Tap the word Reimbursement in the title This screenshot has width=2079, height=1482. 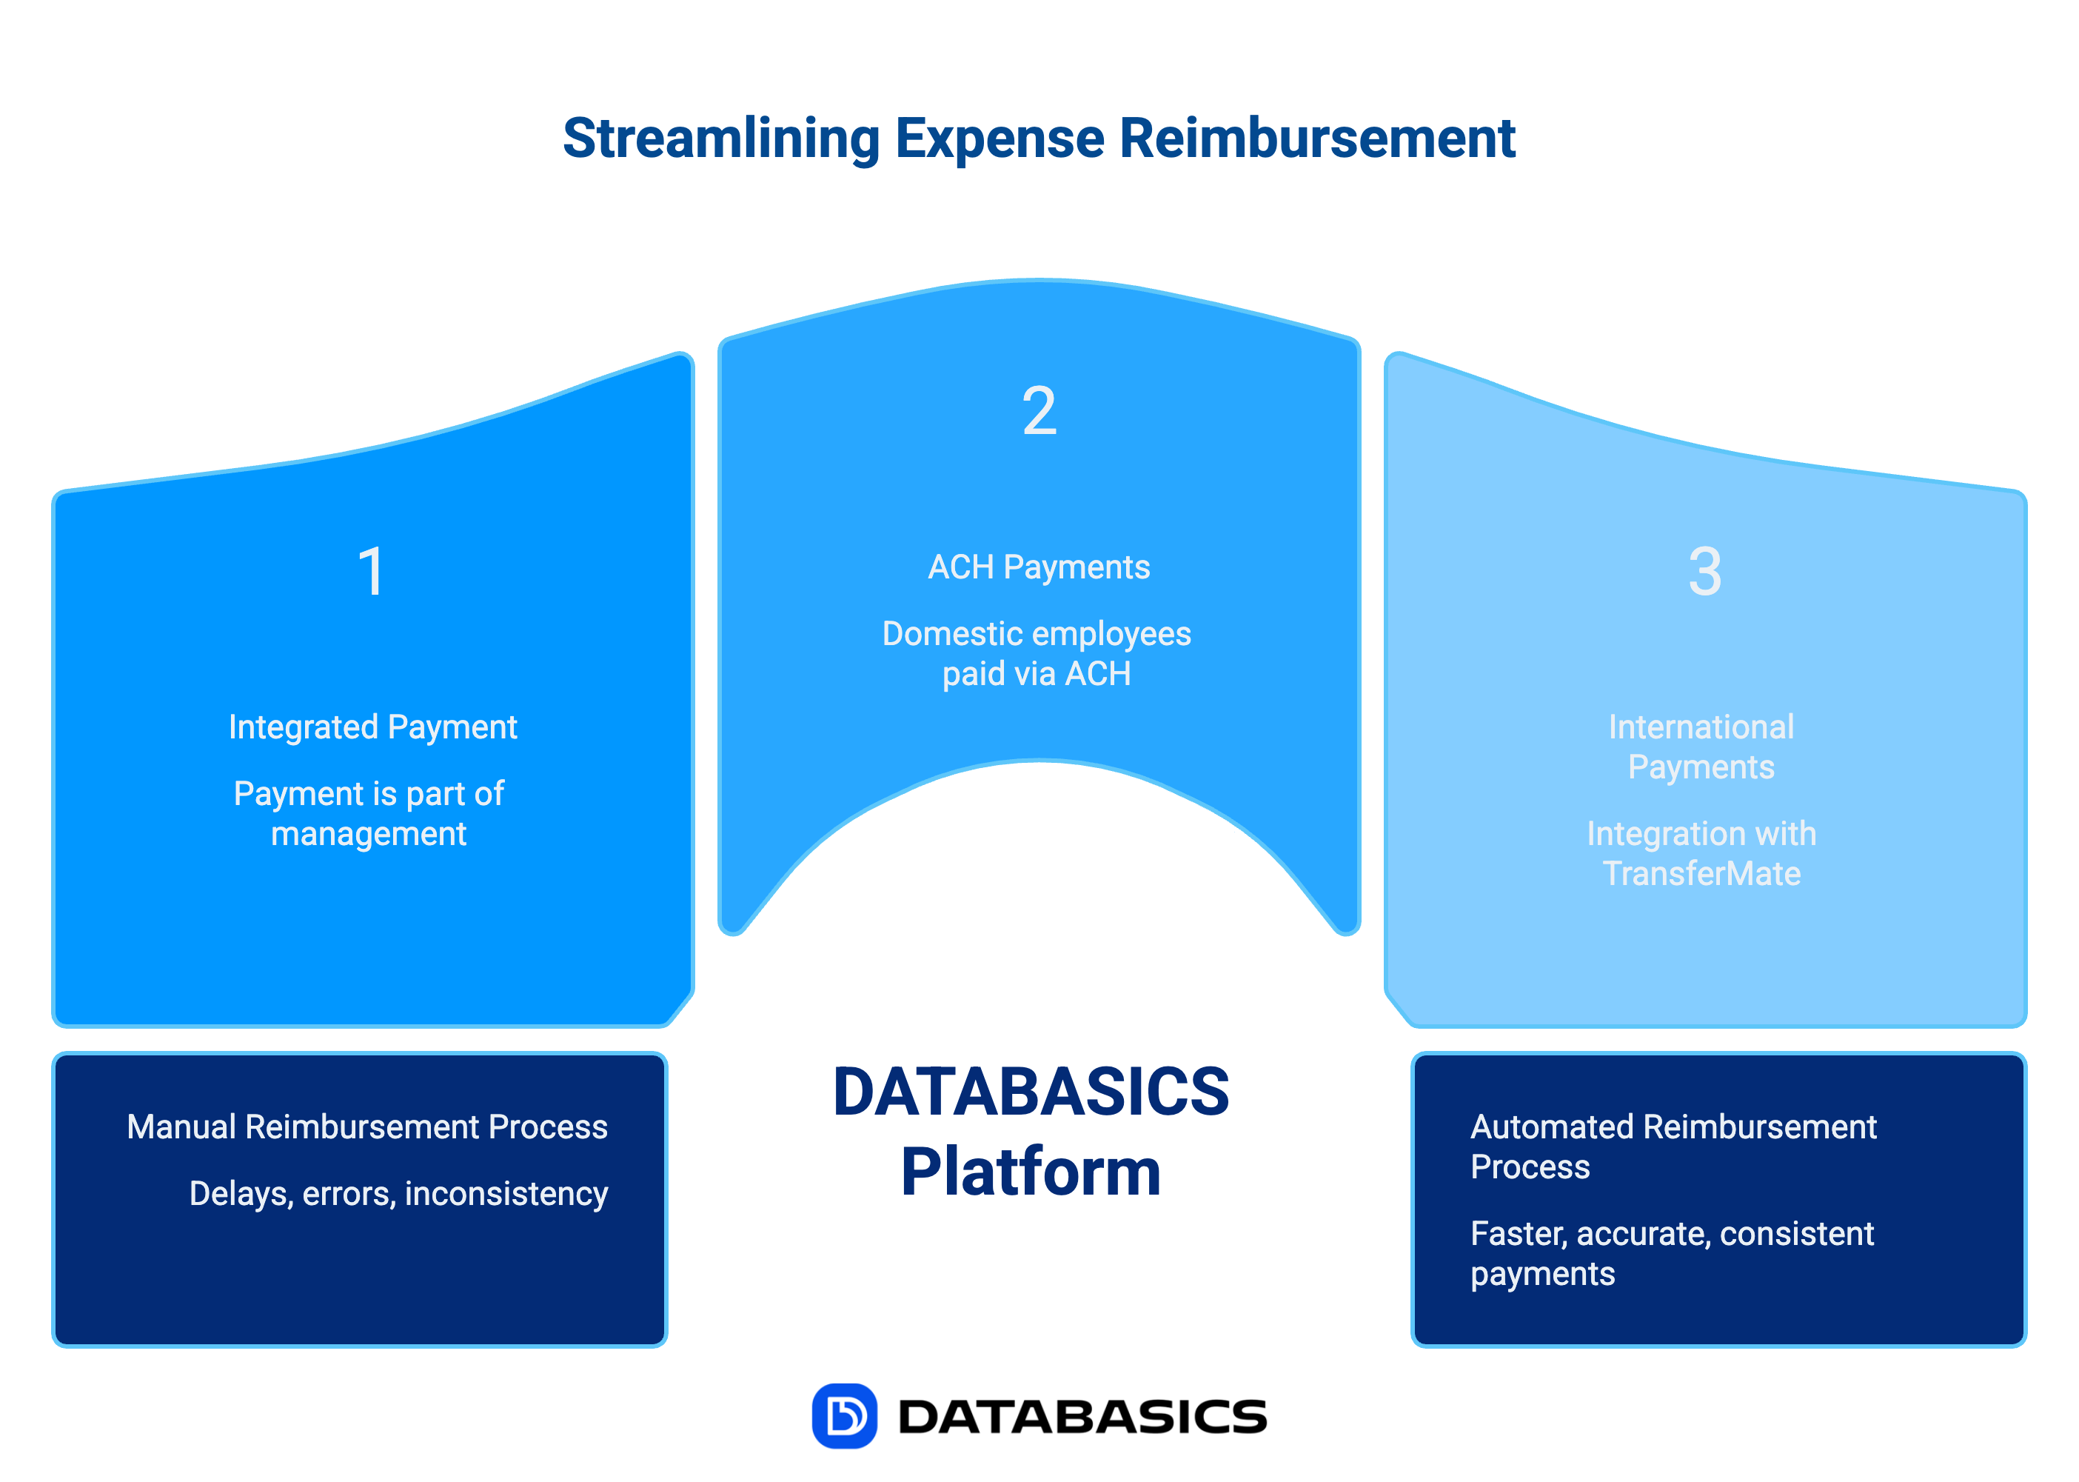coord(1316,140)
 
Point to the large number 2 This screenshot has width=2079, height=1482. coord(1039,412)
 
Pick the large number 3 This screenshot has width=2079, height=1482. coord(1704,573)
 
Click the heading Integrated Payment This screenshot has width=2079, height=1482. coord(372,727)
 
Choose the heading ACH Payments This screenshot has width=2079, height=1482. coord(1039,567)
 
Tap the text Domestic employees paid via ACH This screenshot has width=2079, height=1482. coord(1037,653)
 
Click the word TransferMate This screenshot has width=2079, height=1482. coord(1701,874)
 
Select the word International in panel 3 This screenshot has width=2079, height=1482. coord(1701,727)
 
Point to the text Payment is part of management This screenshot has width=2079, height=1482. coord(369,813)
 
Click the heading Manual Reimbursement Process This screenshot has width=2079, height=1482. coord(366,1127)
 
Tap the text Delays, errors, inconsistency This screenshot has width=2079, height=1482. coord(398,1194)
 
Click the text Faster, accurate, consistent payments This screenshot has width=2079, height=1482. coord(1671,1253)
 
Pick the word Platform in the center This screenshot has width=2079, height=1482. coord(1031,1172)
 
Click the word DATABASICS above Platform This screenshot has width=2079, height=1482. coord(1031,1092)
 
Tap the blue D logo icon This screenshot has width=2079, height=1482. coord(844,1416)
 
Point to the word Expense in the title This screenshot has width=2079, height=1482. coord(1000,140)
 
